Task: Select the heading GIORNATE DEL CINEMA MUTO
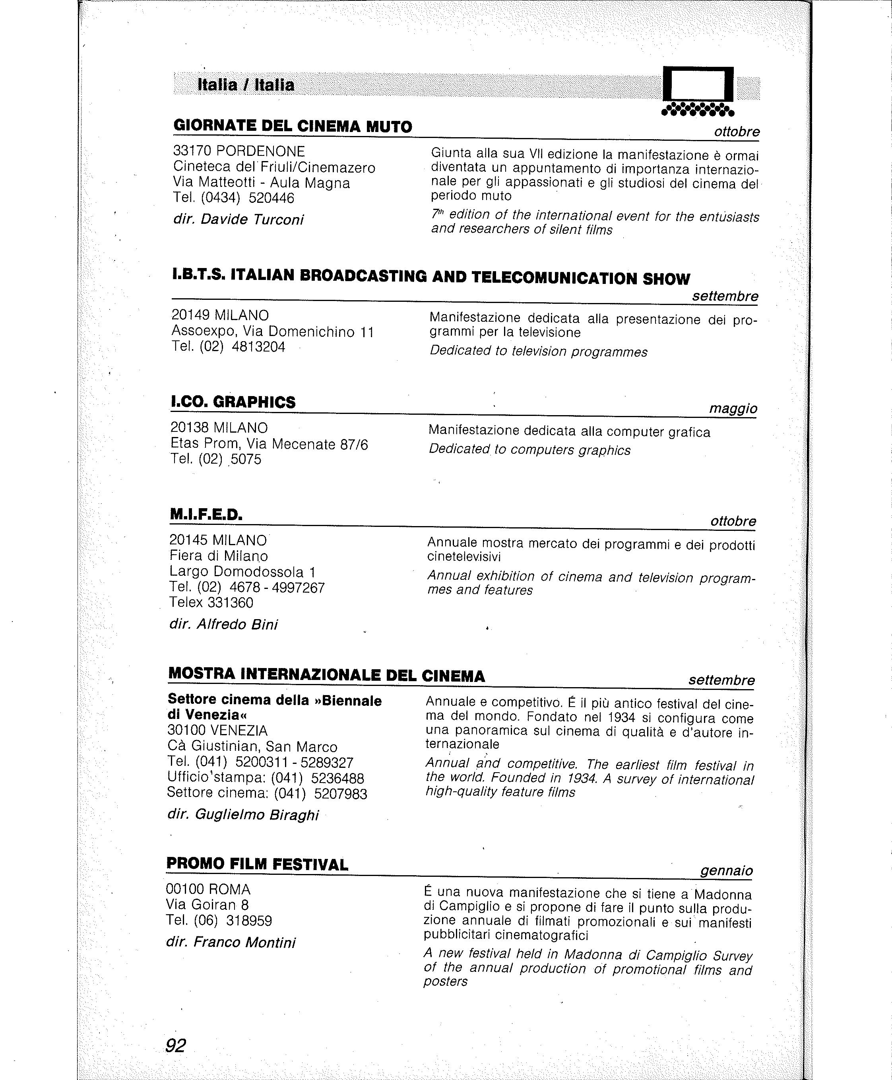293,126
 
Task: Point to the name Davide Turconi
252,219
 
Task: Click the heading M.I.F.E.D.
206,514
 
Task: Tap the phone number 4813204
258,347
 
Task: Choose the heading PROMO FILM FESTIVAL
257,864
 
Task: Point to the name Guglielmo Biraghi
256,815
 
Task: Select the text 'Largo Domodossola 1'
242,572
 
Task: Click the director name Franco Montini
244,942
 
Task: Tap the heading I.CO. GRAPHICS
233,402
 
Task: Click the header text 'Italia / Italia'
246,85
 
